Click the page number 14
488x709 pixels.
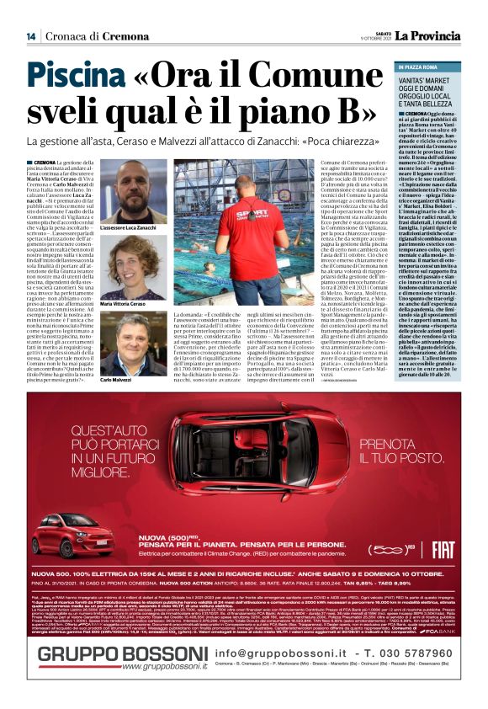(30, 35)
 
